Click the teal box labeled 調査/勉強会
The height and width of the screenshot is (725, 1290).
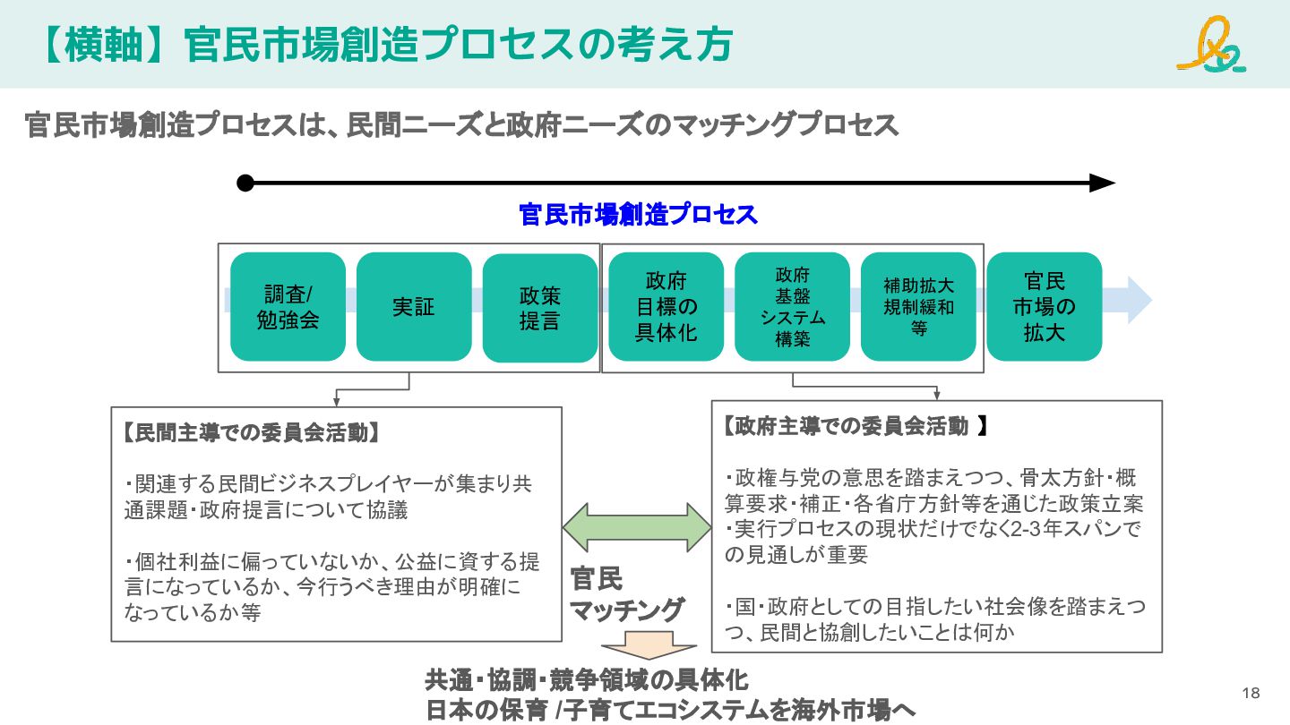click(x=288, y=307)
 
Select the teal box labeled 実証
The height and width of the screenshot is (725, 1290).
click(x=414, y=307)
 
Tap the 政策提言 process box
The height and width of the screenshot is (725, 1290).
click(x=540, y=308)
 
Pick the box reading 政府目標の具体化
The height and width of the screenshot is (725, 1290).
click(x=666, y=307)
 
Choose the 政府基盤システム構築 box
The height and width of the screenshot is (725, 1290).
click(x=793, y=307)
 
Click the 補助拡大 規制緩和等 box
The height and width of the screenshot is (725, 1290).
click(x=918, y=307)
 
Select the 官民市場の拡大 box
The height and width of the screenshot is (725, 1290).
click(x=1045, y=307)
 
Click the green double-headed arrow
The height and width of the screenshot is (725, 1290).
click(x=637, y=528)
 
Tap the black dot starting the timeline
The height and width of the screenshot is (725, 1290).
click(x=245, y=183)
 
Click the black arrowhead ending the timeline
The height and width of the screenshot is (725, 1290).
click(x=1102, y=183)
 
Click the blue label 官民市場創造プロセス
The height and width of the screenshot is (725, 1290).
click(x=638, y=215)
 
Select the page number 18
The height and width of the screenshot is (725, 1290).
click(x=1251, y=693)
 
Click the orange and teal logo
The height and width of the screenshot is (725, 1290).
click(x=1212, y=45)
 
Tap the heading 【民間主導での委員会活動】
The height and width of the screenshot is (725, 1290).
click(x=251, y=432)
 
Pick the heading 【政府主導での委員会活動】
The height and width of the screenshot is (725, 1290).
click(x=856, y=426)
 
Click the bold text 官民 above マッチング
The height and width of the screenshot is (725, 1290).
click(x=596, y=578)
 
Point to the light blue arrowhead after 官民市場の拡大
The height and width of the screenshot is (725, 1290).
click(x=1139, y=300)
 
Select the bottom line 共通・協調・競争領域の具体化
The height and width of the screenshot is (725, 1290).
click(x=586, y=680)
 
